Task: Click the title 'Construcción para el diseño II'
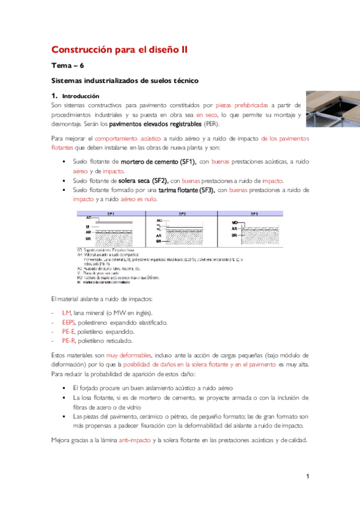pos(119,51)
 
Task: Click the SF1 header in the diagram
pos(111,214)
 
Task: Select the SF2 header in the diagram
pos(182,214)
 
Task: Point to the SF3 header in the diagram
pos(253,214)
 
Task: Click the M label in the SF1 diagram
pos(87,227)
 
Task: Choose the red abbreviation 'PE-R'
pos(69,340)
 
